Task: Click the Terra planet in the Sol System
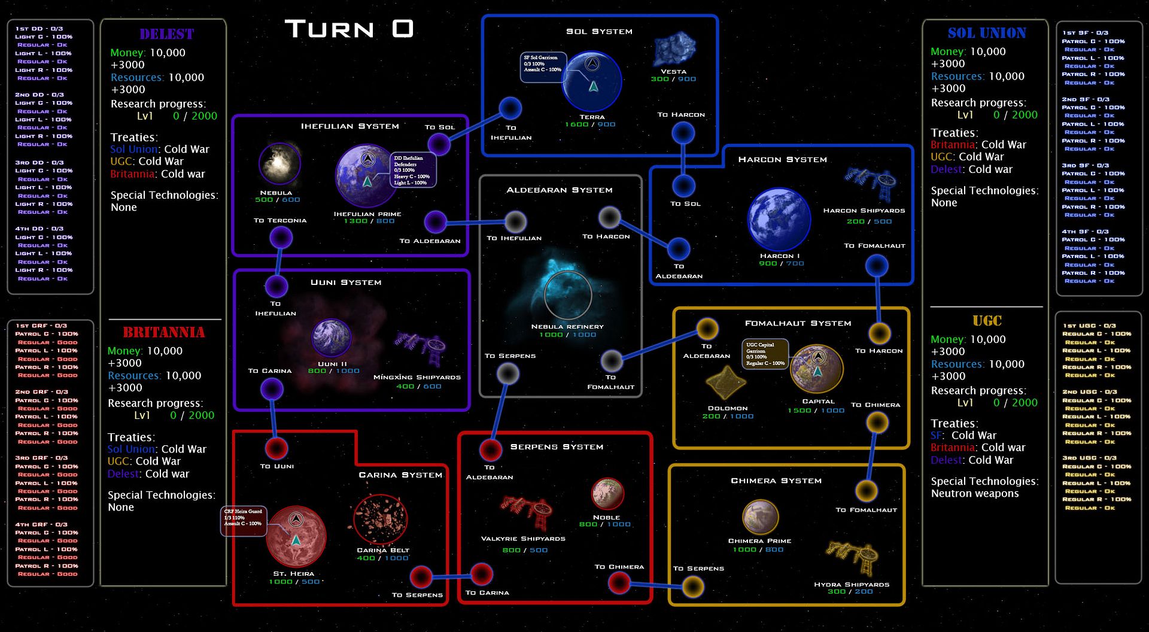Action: coord(592,81)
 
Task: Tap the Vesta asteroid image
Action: coord(674,49)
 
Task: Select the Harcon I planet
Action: coord(779,219)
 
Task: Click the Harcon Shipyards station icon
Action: coord(871,182)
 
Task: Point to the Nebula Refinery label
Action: coord(567,327)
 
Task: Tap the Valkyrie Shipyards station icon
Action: coord(527,511)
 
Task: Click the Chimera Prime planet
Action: coord(760,516)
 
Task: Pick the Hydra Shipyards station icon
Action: coord(853,556)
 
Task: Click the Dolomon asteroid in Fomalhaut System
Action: coord(725,383)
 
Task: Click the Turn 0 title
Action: coord(349,29)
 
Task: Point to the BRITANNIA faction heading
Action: coord(163,333)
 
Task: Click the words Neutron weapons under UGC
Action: coord(974,494)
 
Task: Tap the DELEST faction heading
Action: coord(166,34)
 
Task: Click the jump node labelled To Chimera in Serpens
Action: coord(619,582)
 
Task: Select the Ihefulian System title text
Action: coord(349,126)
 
